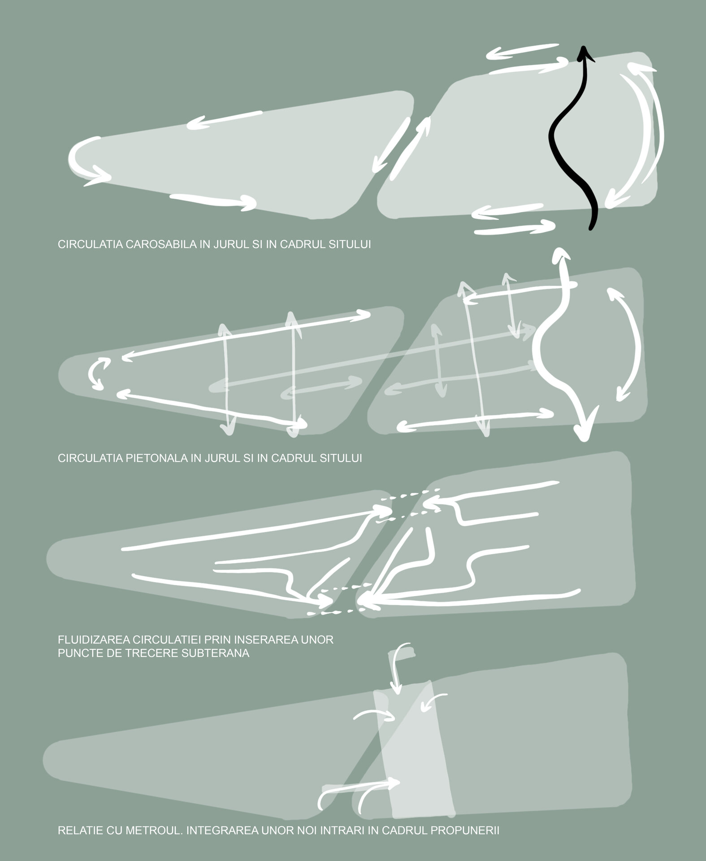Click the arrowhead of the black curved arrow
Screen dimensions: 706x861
(583, 54)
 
